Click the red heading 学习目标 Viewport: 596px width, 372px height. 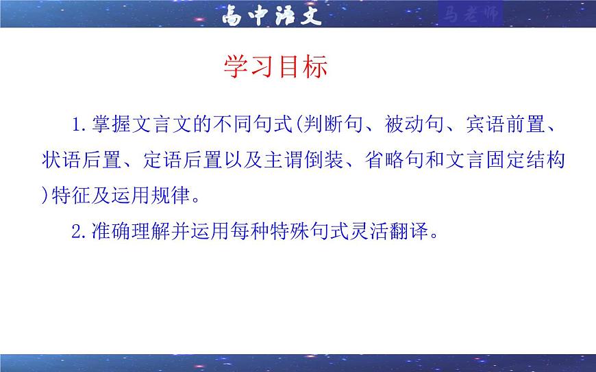(x=275, y=66)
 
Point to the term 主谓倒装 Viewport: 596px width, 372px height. (x=319, y=161)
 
